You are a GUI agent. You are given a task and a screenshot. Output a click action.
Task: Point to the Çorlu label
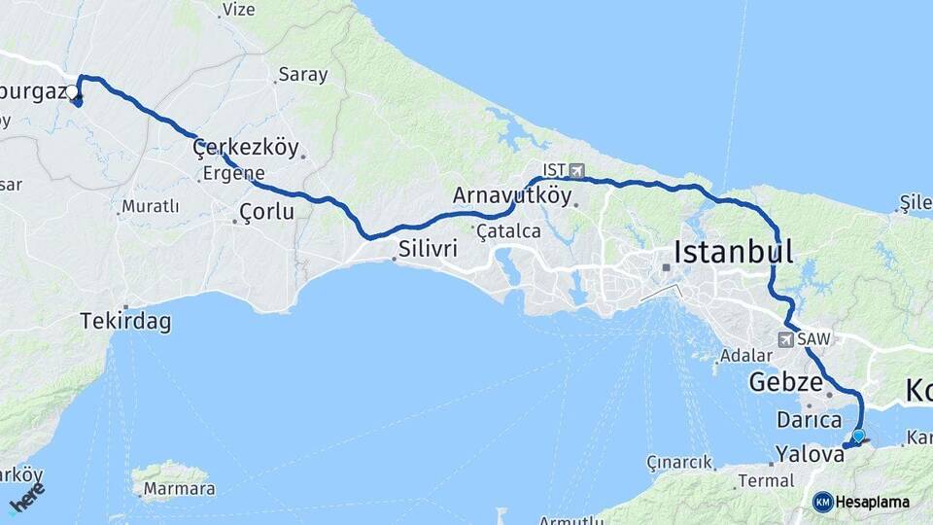pyautogui.click(x=266, y=211)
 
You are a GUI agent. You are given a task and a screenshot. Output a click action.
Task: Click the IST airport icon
pyautogui.click(x=577, y=170)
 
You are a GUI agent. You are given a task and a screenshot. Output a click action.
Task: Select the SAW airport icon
pyautogui.click(x=785, y=339)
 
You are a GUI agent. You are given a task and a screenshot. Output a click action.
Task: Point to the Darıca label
pyautogui.click(x=809, y=420)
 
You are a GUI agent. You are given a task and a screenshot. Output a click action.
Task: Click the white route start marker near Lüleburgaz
pyautogui.click(x=73, y=92)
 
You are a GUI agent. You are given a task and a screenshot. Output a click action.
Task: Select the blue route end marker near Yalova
pyautogui.click(x=858, y=436)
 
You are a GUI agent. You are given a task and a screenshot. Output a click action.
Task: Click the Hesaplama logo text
pyautogui.click(x=872, y=502)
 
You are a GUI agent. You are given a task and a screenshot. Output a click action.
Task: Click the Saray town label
pyautogui.click(x=302, y=75)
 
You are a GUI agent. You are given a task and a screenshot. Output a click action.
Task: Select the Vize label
pyautogui.click(x=238, y=10)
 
